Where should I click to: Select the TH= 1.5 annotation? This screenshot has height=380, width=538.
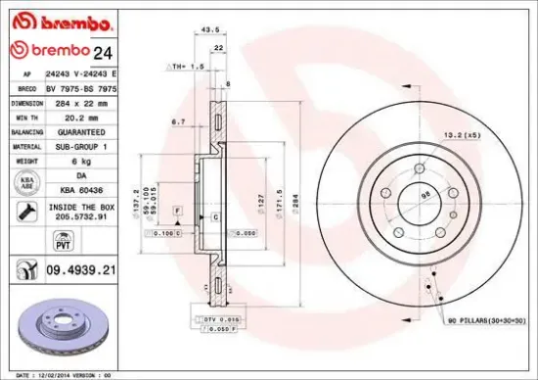176,66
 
